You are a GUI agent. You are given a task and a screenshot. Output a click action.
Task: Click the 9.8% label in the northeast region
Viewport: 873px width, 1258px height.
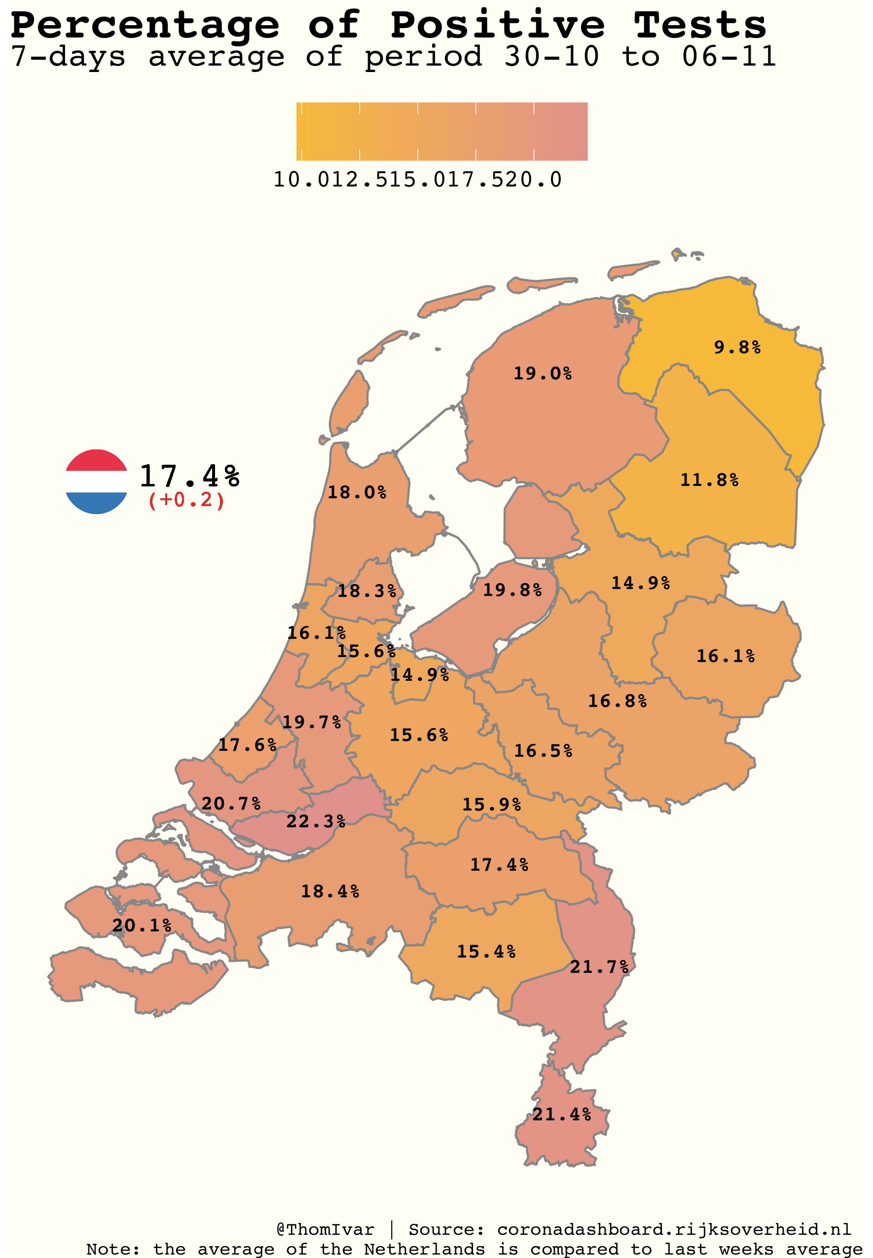click(x=737, y=347)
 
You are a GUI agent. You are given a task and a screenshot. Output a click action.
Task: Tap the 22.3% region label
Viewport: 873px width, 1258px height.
click(x=316, y=821)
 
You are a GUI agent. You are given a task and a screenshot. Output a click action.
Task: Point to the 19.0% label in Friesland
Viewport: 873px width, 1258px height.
click(x=542, y=373)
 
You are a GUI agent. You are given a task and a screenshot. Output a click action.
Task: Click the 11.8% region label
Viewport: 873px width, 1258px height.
click(x=709, y=480)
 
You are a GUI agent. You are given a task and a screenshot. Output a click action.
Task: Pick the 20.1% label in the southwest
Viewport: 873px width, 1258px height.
click(x=142, y=925)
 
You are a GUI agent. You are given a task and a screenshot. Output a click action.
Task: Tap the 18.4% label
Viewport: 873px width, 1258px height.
click(x=330, y=891)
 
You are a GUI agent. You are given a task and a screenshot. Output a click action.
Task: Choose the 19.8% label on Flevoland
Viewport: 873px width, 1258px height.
click(x=512, y=590)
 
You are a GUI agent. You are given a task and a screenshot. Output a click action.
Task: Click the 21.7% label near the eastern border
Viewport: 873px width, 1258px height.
click(x=599, y=967)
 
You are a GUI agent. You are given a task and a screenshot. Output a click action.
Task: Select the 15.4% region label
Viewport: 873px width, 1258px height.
click(x=486, y=952)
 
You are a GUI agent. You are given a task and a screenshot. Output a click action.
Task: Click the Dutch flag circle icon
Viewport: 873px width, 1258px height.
click(x=96, y=482)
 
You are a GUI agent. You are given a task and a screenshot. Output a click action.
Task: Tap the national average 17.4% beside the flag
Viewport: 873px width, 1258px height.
click(x=189, y=476)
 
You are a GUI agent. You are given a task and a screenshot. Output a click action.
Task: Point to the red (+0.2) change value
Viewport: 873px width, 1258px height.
click(x=186, y=500)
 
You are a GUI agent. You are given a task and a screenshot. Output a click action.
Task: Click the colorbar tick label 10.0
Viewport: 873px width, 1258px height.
click(x=295, y=180)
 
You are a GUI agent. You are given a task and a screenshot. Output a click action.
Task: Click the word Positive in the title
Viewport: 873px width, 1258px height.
click(x=497, y=25)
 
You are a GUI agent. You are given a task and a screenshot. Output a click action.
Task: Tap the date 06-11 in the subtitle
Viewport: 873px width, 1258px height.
click(x=728, y=56)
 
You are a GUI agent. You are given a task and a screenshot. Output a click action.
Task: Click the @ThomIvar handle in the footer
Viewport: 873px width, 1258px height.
click(x=326, y=1229)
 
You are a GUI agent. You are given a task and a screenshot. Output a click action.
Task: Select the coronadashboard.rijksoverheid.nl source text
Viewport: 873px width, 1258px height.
click(x=674, y=1229)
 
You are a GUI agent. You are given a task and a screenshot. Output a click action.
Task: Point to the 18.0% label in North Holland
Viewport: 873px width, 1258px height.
click(x=357, y=492)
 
